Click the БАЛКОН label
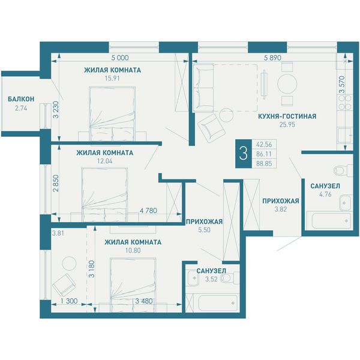coord(21,99)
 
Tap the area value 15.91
coord(112,78)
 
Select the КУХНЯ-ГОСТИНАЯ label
coord(287,116)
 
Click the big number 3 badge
coord(244,154)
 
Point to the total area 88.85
coord(264,164)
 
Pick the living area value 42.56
coord(264,145)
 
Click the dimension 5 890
coord(272,58)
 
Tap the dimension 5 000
coord(120,58)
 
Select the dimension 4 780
coord(149,211)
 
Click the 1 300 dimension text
coord(69,301)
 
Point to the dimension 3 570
coord(342,85)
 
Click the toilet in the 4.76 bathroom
coord(343,170)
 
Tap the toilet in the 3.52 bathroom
coord(229,278)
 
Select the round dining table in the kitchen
coord(287,84)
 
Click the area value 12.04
coord(104,161)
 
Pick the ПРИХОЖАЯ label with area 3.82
coord(281,201)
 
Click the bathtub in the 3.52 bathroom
coord(218,303)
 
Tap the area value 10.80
coord(133,250)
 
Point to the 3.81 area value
coord(58,233)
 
